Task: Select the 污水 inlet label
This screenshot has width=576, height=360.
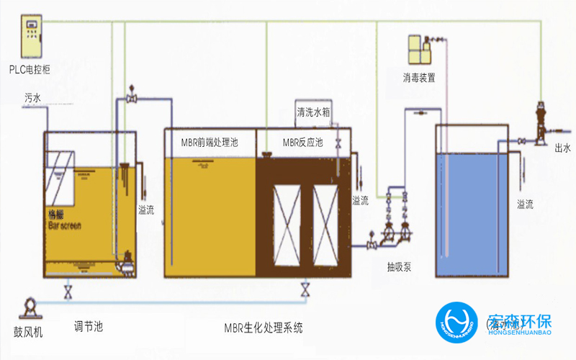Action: pos(33,97)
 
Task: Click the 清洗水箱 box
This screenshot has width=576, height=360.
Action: pos(313,112)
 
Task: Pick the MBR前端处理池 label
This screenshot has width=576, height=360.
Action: pos(210,143)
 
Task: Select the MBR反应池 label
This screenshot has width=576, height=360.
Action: pos(303,143)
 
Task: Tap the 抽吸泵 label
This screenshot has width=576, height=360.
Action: pos(399,267)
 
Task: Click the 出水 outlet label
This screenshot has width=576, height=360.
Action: pos(562,149)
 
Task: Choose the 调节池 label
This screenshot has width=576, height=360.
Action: pos(89,326)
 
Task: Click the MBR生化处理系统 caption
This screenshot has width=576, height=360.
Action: pos(263,328)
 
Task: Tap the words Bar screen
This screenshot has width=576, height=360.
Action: pos(64,225)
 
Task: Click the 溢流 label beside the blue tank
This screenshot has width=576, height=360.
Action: pos(525,204)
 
